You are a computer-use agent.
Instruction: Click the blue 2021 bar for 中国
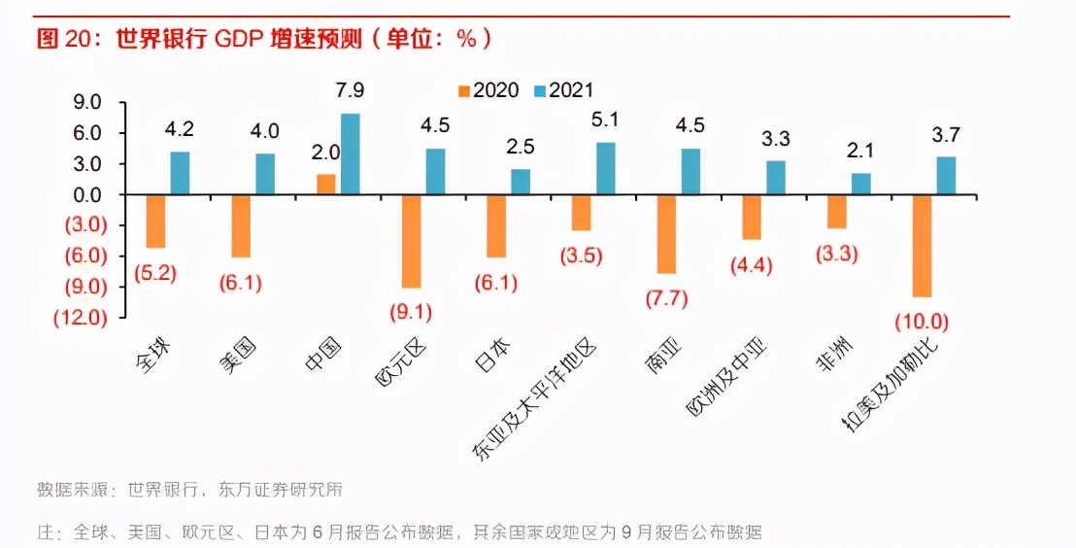tap(350, 154)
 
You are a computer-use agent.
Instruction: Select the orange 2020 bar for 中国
tap(326, 185)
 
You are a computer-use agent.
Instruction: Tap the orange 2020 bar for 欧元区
tap(412, 241)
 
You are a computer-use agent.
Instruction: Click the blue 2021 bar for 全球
tap(180, 173)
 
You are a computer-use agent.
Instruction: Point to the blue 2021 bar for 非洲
tap(861, 184)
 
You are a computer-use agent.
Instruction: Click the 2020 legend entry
tap(488, 90)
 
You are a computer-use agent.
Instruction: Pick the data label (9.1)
tap(412, 312)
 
